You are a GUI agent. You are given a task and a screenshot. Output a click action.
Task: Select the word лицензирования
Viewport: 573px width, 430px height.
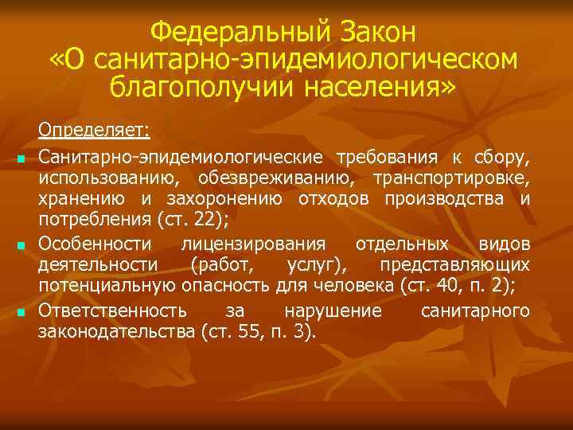pos(253,242)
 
